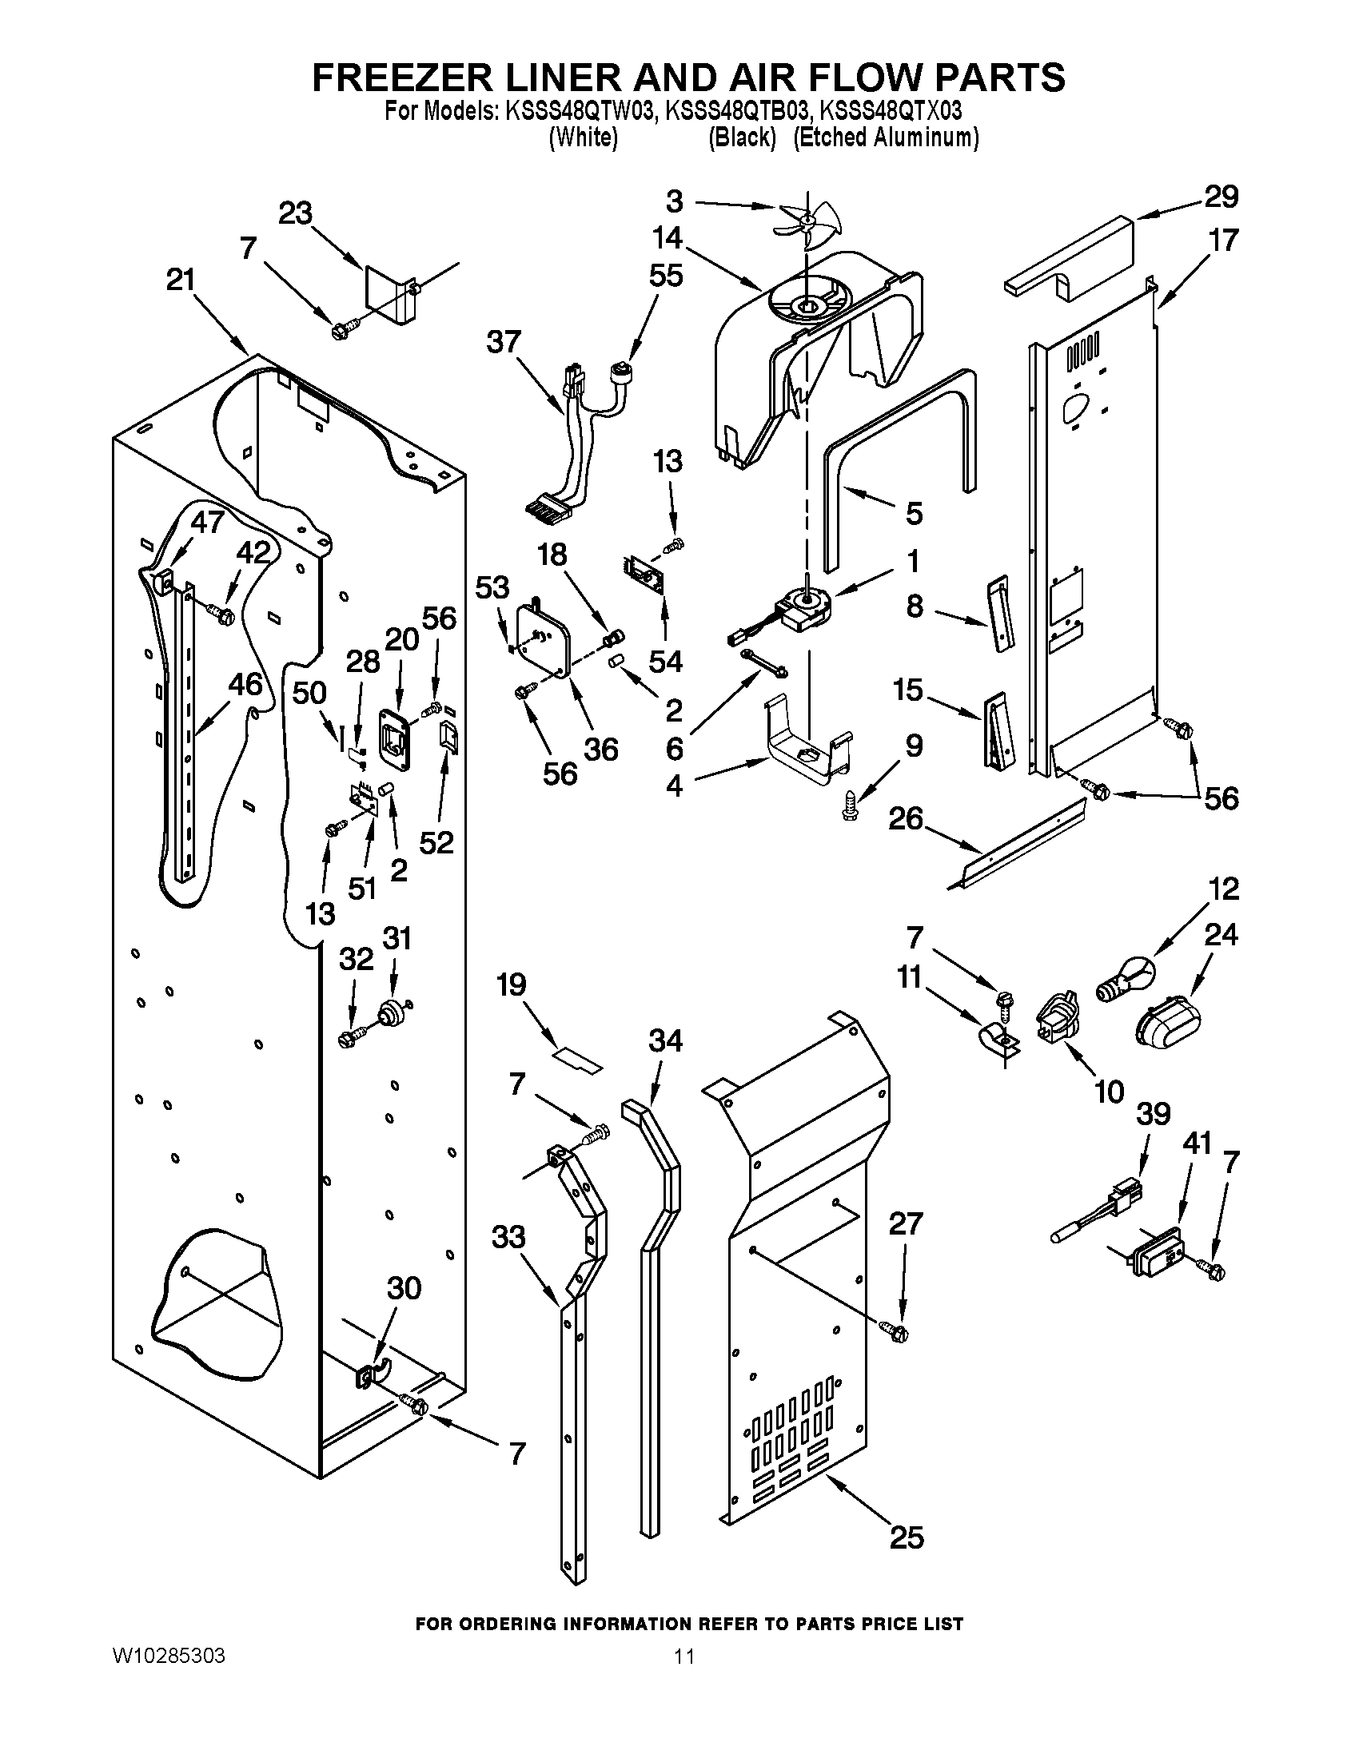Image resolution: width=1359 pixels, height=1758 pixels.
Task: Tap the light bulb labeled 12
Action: pyautogui.click(x=1126, y=977)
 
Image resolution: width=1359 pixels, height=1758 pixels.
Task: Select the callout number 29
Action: pyautogui.click(x=1221, y=197)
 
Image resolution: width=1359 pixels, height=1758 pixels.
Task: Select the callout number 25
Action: pyautogui.click(x=907, y=1538)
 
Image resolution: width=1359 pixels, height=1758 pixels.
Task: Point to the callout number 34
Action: pyautogui.click(x=665, y=1041)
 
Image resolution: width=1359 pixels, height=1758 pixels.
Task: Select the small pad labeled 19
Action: pyautogui.click(x=576, y=1060)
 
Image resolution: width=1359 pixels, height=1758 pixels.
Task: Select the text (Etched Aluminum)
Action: pyautogui.click(x=886, y=137)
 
